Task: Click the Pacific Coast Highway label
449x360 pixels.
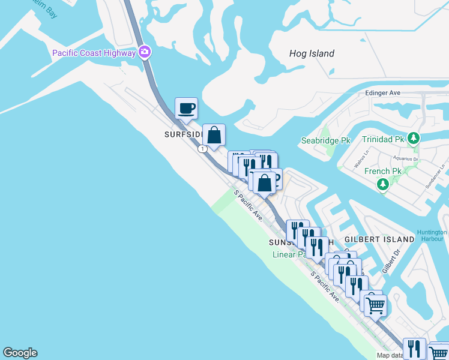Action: pyautogui.click(x=94, y=53)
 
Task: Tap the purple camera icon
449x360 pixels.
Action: pyautogui.click(x=145, y=52)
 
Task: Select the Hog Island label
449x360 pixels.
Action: pyautogui.click(x=312, y=53)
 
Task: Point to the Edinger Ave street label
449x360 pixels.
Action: pyautogui.click(x=382, y=94)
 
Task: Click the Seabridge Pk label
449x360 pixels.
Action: pyautogui.click(x=325, y=140)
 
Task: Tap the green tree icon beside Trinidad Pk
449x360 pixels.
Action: pyautogui.click(x=413, y=139)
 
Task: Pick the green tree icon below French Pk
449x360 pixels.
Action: pyautogui.click(x=383, y=184)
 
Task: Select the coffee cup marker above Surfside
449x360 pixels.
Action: pyautogui.click(x=186, y=109)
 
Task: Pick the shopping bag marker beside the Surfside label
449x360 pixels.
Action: pyautogui.click(x=214, y=135)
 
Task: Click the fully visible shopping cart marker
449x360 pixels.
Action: pyautogui.click(x=376, y=305)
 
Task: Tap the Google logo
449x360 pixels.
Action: pyautogui.click(x=20, y=353)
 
